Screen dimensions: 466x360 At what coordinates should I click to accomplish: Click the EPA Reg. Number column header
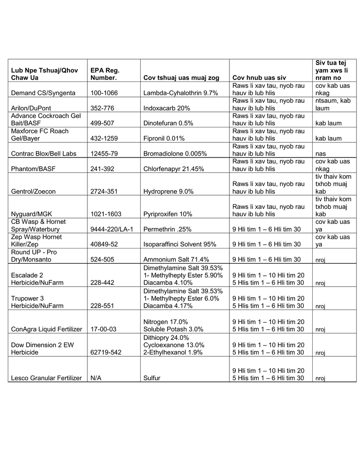coord(105,74)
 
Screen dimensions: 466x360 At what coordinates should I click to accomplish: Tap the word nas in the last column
coord(320,154)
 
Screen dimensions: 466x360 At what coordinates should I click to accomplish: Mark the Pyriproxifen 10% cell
coord(167,214)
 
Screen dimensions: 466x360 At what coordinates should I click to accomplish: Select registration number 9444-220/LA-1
coord(112,229)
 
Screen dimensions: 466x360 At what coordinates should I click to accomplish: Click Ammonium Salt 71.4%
coord(170,259)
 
